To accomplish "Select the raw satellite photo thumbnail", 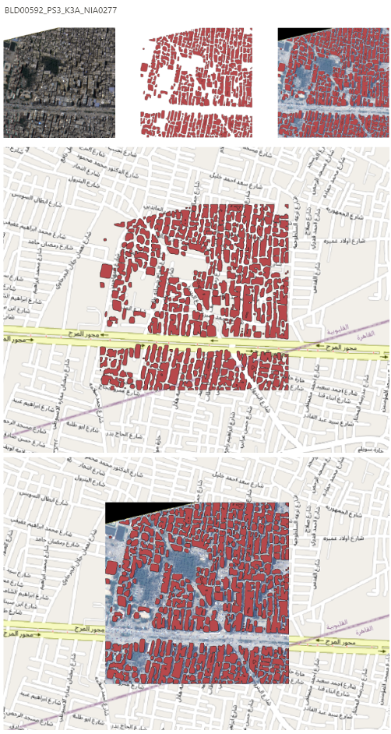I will [x=59, y=82].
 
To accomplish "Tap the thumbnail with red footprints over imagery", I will [x=333, y=82].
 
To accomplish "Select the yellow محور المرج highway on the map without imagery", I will [x=195, y=342].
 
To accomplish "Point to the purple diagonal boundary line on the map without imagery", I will [x=78, y=414].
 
